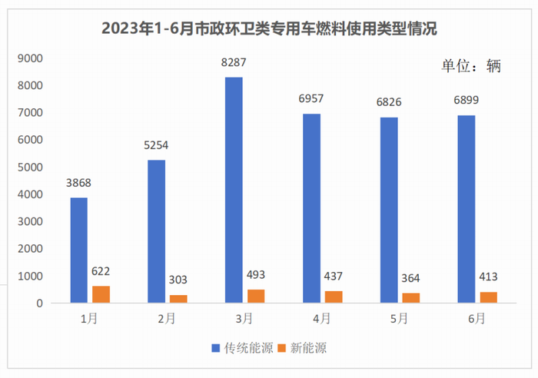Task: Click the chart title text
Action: pyautogui.click(x=269, y=30)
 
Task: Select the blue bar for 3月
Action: pyautogui.click(x=234, y=190)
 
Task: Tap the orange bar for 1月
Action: pyautogui.click(x=101, y=294)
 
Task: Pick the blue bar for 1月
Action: pyautogui.click(x=78, y=250)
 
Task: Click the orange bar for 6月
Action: pyautogui.click(x=488, y=297)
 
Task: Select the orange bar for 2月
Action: pyautogui.click(x=178, y=299)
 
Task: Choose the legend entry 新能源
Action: pyautogui.click(x=301, y=348)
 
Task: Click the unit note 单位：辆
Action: pyautogui.click(x=470, y=66)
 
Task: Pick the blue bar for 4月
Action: pyautogui.click(x=311, y=208)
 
